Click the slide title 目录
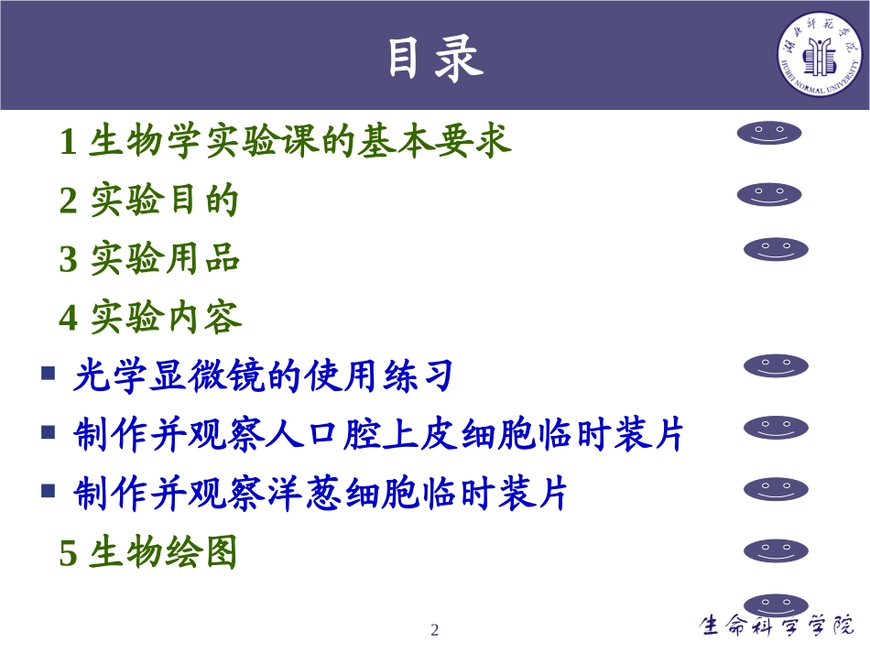pyautogui.click(x=434, y=58)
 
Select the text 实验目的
pyautogui.click(x=165, y=201)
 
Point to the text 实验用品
pyautogui.click(x=165, y=259)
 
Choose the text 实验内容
pyautogui.click(x=166, y=318)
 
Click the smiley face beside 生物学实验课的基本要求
pyautogui.click(x=769, y=134)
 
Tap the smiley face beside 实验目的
pyautogui.click(x=769, y=194)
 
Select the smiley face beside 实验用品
pyautogui.click(x=776, y=249)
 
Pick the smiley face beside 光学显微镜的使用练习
pyautogui.click(x=776, y=366)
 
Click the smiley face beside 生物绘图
pyautogui.click(x=776, y=550)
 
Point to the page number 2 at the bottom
pyautogui.click(x=435, y=630)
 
